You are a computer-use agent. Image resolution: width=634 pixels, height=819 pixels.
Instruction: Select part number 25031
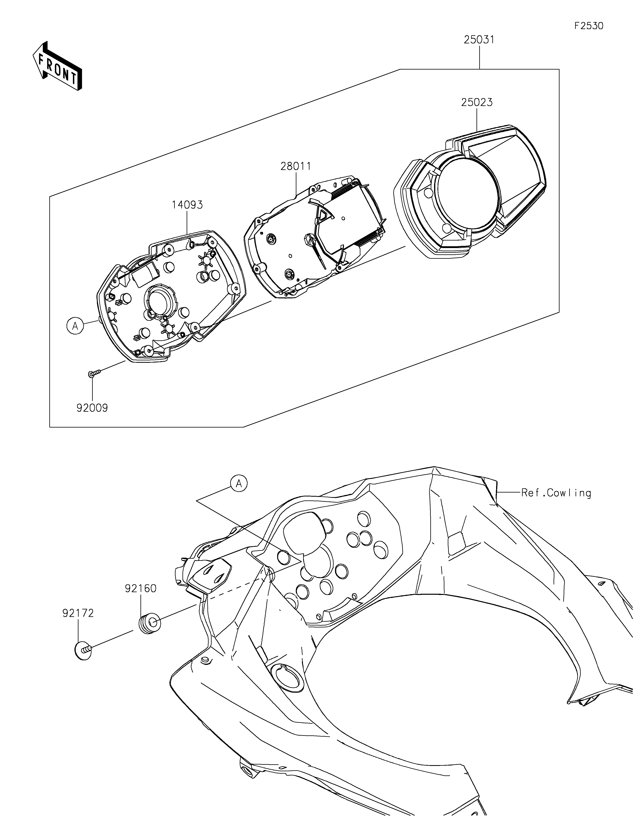(479, 40)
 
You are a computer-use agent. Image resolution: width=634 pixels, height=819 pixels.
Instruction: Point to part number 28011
(296, 166)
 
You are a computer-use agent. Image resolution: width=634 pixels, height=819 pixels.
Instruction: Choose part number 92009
(92, 408)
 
